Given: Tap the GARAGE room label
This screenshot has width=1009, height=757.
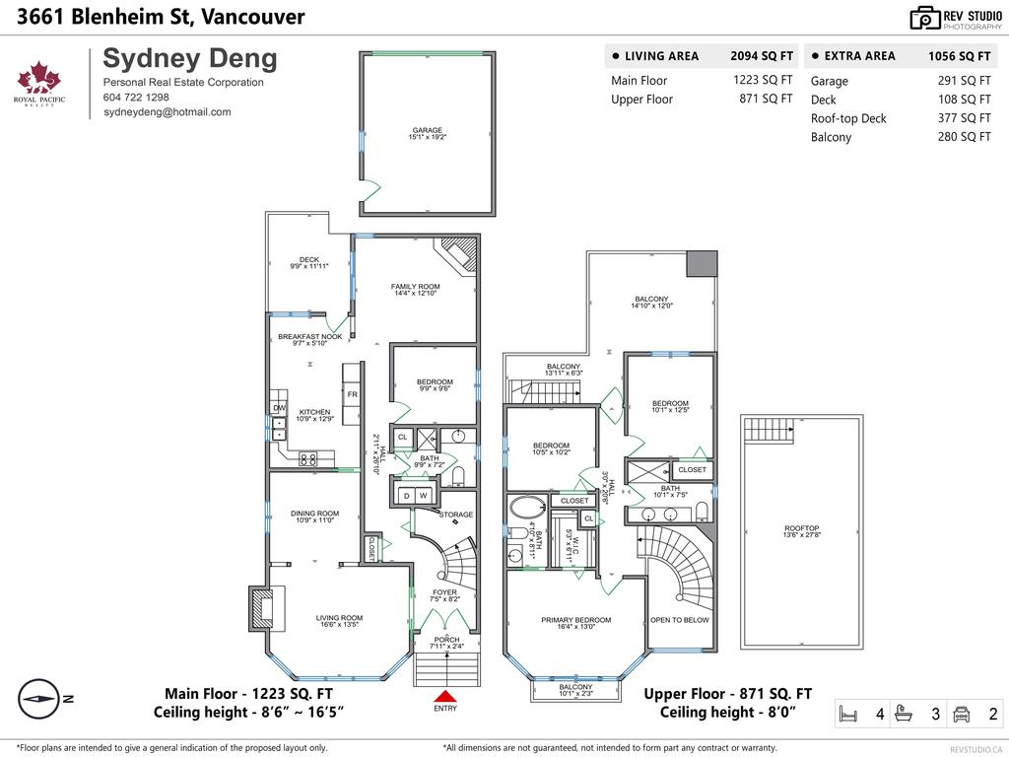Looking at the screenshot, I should coord(428,130).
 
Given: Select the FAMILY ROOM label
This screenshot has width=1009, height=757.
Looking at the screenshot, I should coord(415,287).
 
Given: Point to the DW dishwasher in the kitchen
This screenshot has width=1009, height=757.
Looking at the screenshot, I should coord(279,408).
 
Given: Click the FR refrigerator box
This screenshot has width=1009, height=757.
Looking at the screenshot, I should coord(352,394).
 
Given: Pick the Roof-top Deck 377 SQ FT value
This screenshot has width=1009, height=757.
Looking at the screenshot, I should coord(964,118).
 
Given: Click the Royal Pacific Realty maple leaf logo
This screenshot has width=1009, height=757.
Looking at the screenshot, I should coord(40,82).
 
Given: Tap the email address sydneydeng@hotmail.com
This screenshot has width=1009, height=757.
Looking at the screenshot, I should coord(168,112).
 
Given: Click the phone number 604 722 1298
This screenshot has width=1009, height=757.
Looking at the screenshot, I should coord(136,98).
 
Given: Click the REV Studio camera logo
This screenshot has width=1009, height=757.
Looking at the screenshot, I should coord(925,18).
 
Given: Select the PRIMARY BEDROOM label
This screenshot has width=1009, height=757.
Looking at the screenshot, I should coord(575,620).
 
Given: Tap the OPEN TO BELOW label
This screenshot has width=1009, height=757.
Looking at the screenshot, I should coord(679,620).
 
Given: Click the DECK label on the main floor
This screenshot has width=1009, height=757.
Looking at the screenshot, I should coord(308,260).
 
